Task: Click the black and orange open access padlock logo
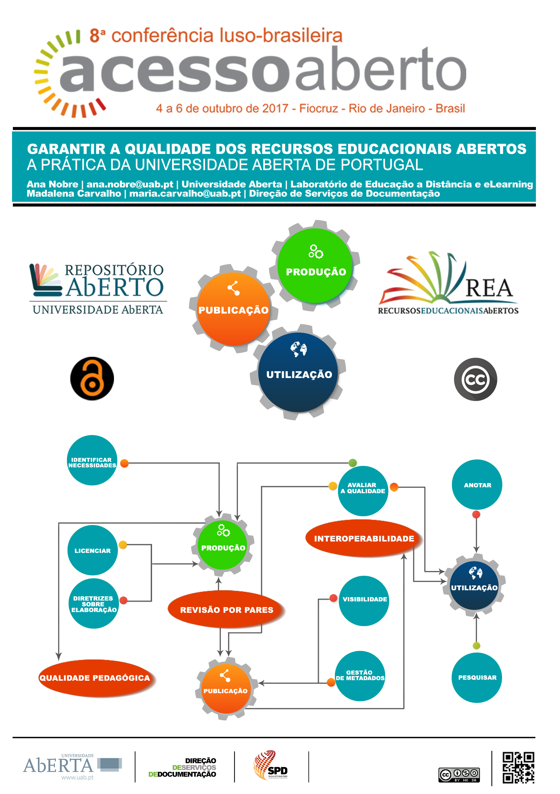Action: pyautogui.click(x=92, y=379)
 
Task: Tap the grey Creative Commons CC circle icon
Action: pyautogui.click(x=475, y=379)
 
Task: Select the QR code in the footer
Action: pyautogui.click(x=518, y=767)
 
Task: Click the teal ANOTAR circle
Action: pyautogui.click(x=477, y=485)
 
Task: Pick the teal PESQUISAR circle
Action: pyautogui.click(x=477, y=677)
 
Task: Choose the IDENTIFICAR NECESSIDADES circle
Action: pyautogui.click(x=92, y=460)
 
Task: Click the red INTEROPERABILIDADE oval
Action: pyautogui.click(x=364, y=538)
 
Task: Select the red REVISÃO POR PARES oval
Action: pyautogui.click(x=226, y=610)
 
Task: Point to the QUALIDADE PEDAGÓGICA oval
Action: pyautogui.click(x=95, y=678)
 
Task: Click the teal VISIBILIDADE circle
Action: pyautogui.click(x=364, y=599)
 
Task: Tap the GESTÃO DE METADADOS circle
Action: pyautogui.click(x=360, y=675)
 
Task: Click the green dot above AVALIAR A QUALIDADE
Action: pyautogui.click(x=352, y=463)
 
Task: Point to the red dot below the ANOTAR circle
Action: pyautogui.click(x=476, y=515)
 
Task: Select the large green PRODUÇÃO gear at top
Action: pyautogui.click(x=315, y=266)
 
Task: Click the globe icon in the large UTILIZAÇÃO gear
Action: pyautogui.click(x=298, y=349)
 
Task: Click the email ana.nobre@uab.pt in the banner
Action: pyautogui.click(x=130, y=184)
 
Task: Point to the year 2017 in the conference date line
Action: pyautogui.click(x=275, y=108)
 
